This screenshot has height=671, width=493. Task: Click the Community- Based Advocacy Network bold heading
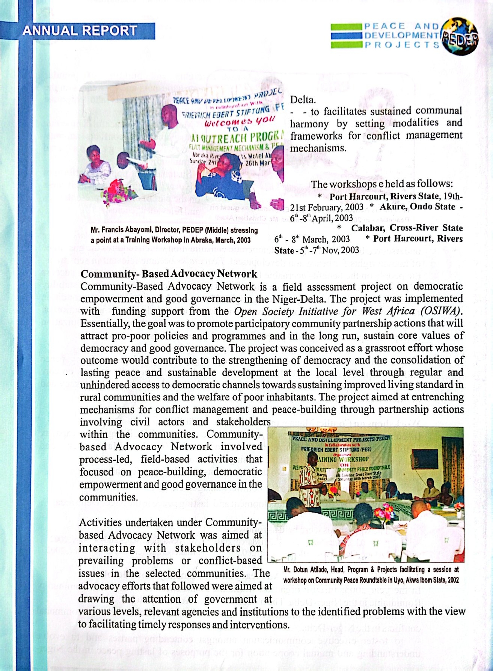click(x=169, y=274)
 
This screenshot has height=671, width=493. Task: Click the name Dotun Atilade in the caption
click(x=305, y=570)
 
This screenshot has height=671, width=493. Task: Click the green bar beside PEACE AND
click(x=346, y=27)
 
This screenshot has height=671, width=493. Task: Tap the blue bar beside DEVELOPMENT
click(x=346, y=36)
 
